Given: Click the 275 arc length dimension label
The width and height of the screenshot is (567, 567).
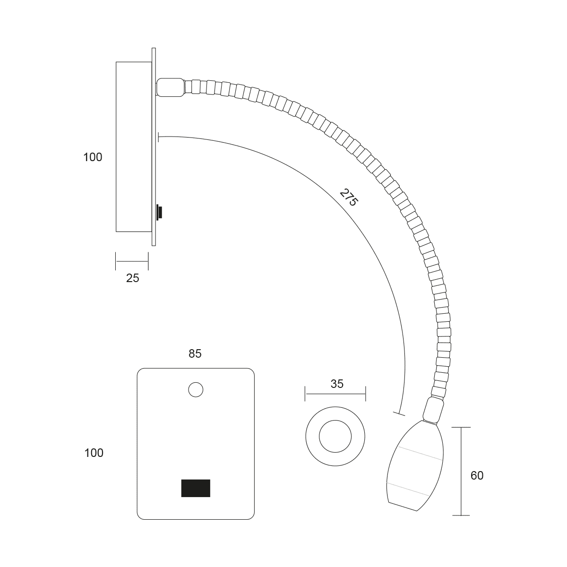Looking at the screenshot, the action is [x=349, y=198].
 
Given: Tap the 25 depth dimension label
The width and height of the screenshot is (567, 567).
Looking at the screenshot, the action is [x=132, y=278].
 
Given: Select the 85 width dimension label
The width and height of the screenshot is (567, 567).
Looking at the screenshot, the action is [x=195, y=354].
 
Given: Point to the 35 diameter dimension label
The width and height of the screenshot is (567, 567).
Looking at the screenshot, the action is [x=337, y=384].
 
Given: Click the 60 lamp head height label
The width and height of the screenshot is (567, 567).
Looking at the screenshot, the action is [x=477, y=475].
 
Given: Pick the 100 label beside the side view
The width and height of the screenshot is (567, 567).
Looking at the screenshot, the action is [x=93, y=157].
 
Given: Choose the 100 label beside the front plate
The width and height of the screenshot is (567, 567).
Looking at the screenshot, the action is [x=94, y=453].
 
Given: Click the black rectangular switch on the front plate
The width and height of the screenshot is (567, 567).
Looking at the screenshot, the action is [x=196, y=488].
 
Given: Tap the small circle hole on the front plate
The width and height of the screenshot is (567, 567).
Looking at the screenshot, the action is [x=196, y=389].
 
